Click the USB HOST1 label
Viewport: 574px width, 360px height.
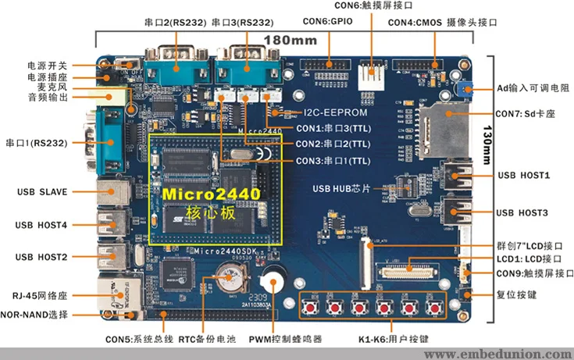pyautogui.click(x=523, y=176)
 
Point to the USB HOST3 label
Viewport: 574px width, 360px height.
pyautogui.click(x=523, y=212)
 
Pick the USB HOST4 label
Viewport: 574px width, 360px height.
pyautogui.click(x=42, y=225)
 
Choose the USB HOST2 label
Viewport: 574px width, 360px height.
pyautogui.click(x=42, y=257)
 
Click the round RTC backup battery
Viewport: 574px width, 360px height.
pyautogui.click(x=231, y=276)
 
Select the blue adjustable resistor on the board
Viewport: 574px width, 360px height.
pyautogui.click(x=469, y=91)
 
